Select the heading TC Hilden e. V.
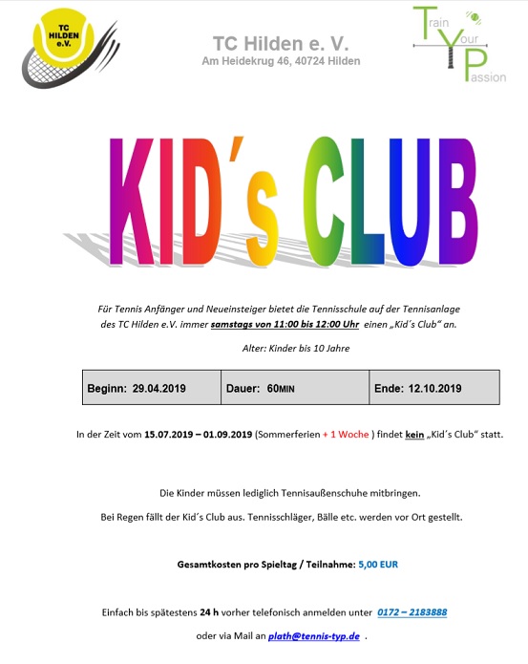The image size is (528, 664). tap(281, 43)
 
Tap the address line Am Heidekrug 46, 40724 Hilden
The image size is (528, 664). tap(281, 61)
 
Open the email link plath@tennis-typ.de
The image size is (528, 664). tap(313, 635)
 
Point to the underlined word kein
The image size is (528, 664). tap(414, 435)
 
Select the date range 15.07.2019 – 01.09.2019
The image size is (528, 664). tap(198, 435)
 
